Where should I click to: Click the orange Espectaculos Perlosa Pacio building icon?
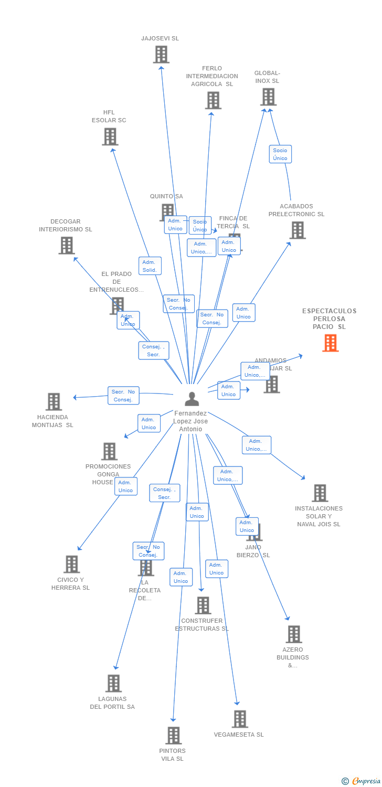tap(330, 343)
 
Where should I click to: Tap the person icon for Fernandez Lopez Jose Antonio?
tap(192, 399)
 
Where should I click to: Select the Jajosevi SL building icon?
tap(161, 54)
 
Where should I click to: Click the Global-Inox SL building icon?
tap(268, 97)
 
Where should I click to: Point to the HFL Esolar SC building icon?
tap(110, 136)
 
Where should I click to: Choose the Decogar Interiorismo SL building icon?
tap(67, 245)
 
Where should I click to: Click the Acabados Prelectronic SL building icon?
tap(297, 230)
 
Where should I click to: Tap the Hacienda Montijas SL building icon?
tap(54, 401)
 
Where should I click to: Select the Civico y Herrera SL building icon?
tap(71, 564)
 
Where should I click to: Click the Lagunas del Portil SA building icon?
tap(113, 683)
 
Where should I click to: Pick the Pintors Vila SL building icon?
tap(173, 735)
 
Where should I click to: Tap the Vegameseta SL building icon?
tap(240, 719)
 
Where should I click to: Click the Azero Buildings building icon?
tap(293, 634)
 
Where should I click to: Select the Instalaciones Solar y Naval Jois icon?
tap(320, 493)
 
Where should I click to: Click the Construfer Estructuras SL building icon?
tap(203, 605)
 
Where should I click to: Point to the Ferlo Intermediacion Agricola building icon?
tap(213, 100)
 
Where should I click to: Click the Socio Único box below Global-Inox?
tap(280, 154)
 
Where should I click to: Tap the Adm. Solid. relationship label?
tap(150, 266)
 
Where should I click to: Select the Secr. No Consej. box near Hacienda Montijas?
tap(123, 396)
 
